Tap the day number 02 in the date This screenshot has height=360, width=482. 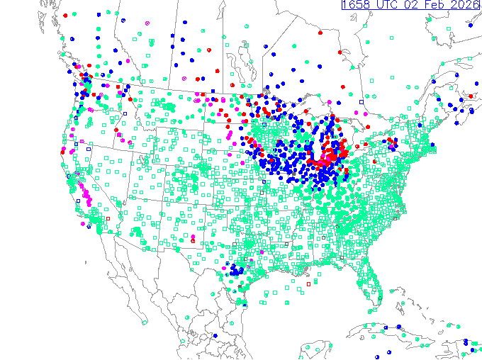(x=411, y=5)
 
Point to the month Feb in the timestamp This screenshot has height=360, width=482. (x=436, y=5)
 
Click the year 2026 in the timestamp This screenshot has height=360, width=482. (x=466, y=5)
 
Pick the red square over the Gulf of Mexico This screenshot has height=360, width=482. (x=308, y=284)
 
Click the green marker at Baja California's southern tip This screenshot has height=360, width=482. (x=145, y=322)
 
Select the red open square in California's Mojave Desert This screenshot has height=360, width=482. (x=108, y=218)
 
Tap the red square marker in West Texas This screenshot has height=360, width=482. (x=193, y=241)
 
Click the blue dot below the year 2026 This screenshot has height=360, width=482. (x=470, y=26)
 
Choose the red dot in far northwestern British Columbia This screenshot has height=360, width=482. (x=65, y=15)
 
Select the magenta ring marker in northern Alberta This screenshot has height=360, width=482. (x=147, y=23)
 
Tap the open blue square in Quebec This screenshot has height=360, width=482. (x=361, y=102)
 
